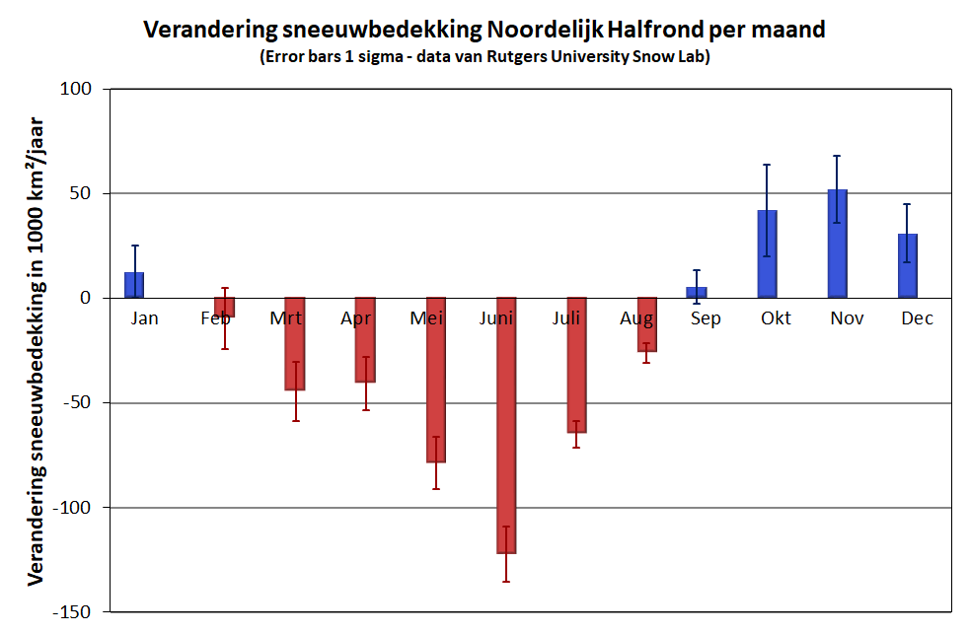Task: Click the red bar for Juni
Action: (506, 425)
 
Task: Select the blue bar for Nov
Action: (837, 244)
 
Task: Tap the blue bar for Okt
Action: (767, 254)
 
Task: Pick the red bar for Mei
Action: (435, 380)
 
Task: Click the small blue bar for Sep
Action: (697, 293)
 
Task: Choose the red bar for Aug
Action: (646, 324)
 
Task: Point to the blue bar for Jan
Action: (134, 285)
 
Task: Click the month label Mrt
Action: (286, 318)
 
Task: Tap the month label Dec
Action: (917, 318)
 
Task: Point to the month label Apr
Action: (356, 318)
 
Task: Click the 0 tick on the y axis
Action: (86, 298)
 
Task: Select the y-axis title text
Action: (37, 350)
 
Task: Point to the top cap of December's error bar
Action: (907, 204)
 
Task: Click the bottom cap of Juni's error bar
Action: (506, 582)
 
